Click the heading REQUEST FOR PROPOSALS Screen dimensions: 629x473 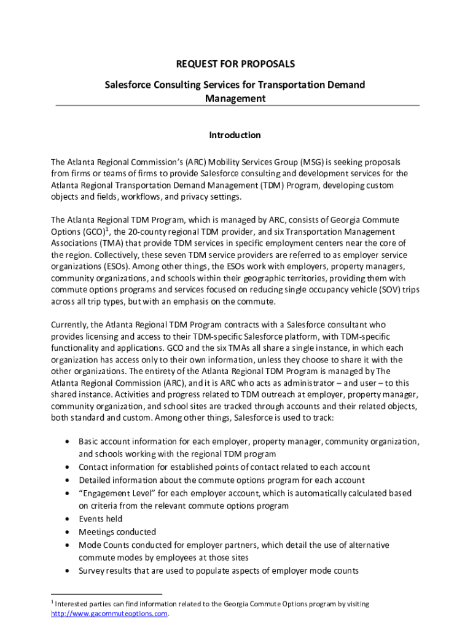pyautogui.click(x=236, y=64)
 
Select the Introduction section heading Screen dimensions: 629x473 pyautogui.click(x=235, y=135)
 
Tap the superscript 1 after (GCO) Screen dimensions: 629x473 pyautogui.click(x=108, y=229)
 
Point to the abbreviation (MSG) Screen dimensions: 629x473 pyautogui.click(x=312, y=162)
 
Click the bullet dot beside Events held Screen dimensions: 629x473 pyautogui.click(x=66, y=519)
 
